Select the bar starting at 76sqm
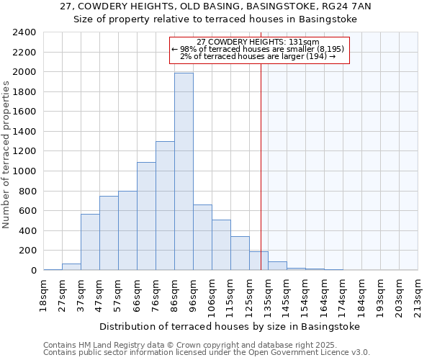165,206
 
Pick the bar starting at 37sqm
90,242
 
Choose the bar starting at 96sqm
202,238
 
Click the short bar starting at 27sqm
71,267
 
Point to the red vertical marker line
261,166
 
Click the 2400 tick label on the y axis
24,32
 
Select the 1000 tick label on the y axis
24,171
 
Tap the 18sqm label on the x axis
43,294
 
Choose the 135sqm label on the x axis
268,296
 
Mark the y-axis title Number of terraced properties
7,155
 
